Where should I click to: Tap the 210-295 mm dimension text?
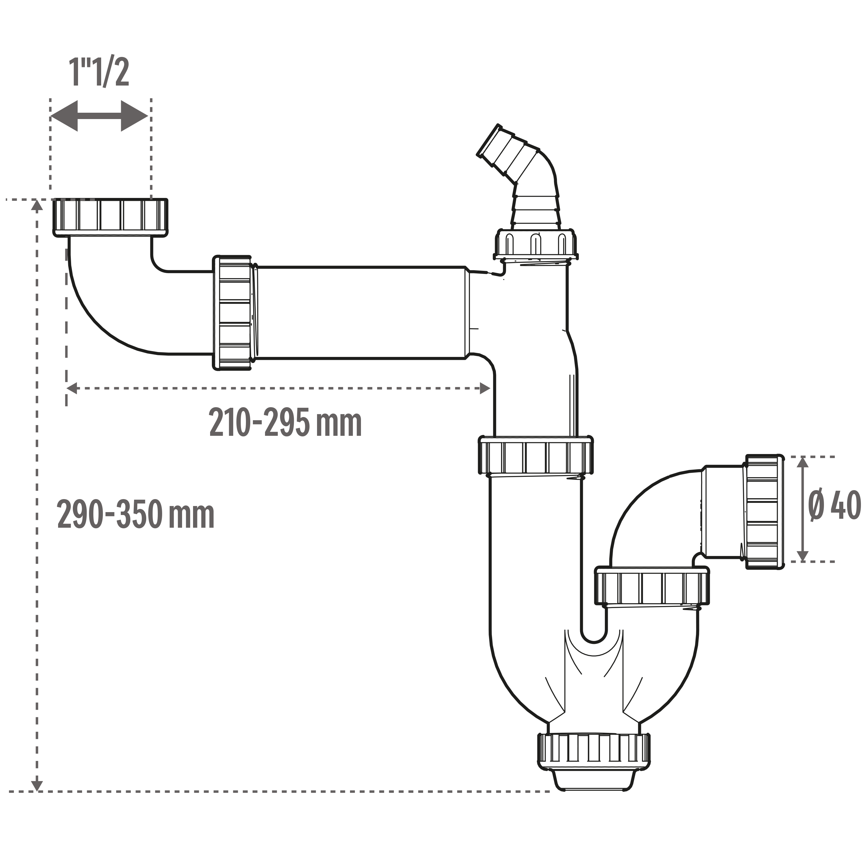coord(286,423)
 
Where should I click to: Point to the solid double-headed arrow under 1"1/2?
coord(99,116)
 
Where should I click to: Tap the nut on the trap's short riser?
coord(652,587)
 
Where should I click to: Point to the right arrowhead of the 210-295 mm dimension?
coord(485,388)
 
